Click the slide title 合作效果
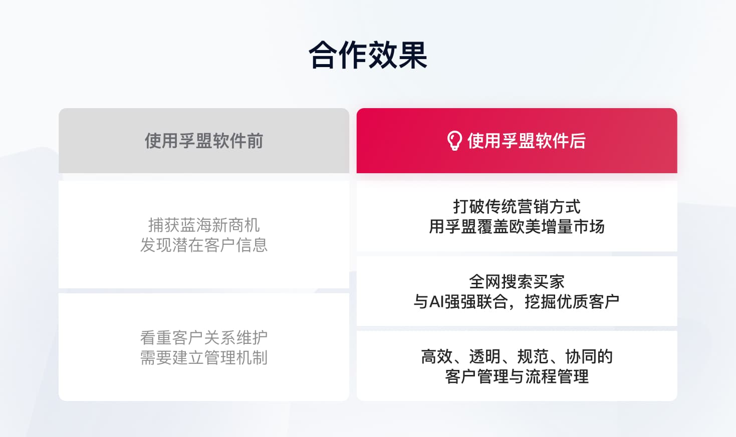(x=368, y=55)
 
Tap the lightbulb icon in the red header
(x=454, y=141)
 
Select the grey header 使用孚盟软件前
(x=204, y=141)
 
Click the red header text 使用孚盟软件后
(x=526, y=141)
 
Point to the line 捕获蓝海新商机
(x=204, y=225)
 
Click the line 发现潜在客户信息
(x=204, y=245)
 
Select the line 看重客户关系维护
(x=204, y=338)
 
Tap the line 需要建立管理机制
(x=204, y=358)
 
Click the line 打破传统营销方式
(x=517, y=206)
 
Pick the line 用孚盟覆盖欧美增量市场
(x=517, y=227)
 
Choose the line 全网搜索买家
(x=517, y=281)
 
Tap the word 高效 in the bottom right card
(x=436, y=356)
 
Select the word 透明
(x=484, y=356)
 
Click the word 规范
(x=533, y=356)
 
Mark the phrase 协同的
(x=589, y=356)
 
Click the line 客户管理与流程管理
(x=517, y=376)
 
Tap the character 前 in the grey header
(x=255, y=141)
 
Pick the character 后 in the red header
(x=578, y=141)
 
